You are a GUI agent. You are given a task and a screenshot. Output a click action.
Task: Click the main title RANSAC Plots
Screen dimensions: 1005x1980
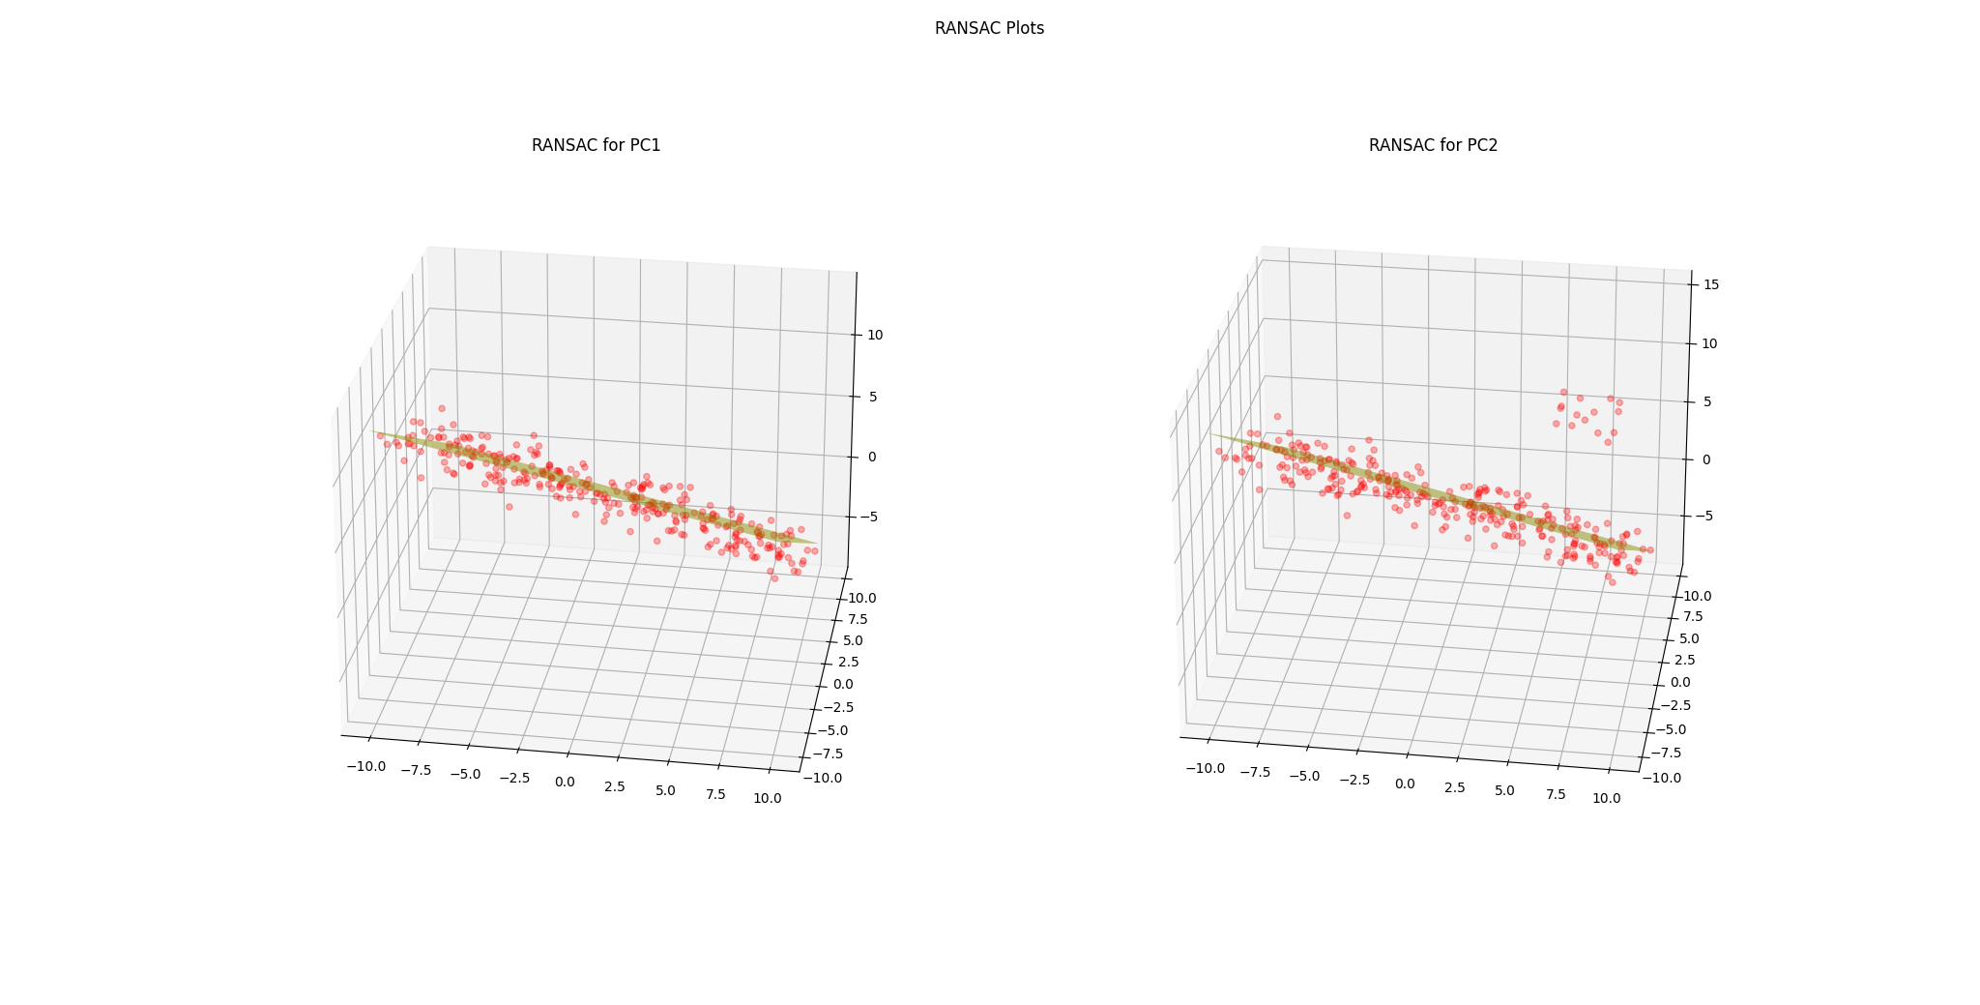tap(989, 29)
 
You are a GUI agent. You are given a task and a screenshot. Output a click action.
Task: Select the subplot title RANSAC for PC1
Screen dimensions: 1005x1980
tap(596, 146)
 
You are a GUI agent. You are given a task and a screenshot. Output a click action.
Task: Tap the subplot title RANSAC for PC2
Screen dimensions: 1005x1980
tap(1433, 146)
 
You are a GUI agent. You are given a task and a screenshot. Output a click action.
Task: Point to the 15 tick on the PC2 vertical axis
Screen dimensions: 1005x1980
tap(1710, 285)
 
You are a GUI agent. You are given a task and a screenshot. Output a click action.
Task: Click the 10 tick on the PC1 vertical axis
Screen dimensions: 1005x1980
tap(875, 336)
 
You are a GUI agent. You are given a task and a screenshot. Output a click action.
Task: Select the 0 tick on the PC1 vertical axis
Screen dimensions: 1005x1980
tap(872, 457)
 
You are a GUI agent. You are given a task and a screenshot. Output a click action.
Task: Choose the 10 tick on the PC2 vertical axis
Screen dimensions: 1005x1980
tap(1709, 343)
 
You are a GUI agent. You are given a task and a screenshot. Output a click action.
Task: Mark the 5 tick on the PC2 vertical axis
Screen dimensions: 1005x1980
tap(1706, 401)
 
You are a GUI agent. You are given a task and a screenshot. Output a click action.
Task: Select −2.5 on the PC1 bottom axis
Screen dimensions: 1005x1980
tap(512, 778)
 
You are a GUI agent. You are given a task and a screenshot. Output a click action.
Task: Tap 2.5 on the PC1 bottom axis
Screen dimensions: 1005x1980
tap(615, 786)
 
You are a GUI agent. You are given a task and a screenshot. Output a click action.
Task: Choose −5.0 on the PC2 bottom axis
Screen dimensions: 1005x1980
tap(1303, 776)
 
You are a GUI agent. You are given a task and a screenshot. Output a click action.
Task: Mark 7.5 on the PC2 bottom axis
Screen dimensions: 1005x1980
tap(1556, 794)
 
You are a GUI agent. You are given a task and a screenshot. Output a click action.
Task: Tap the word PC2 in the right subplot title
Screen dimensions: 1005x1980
tap(1481, 146)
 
